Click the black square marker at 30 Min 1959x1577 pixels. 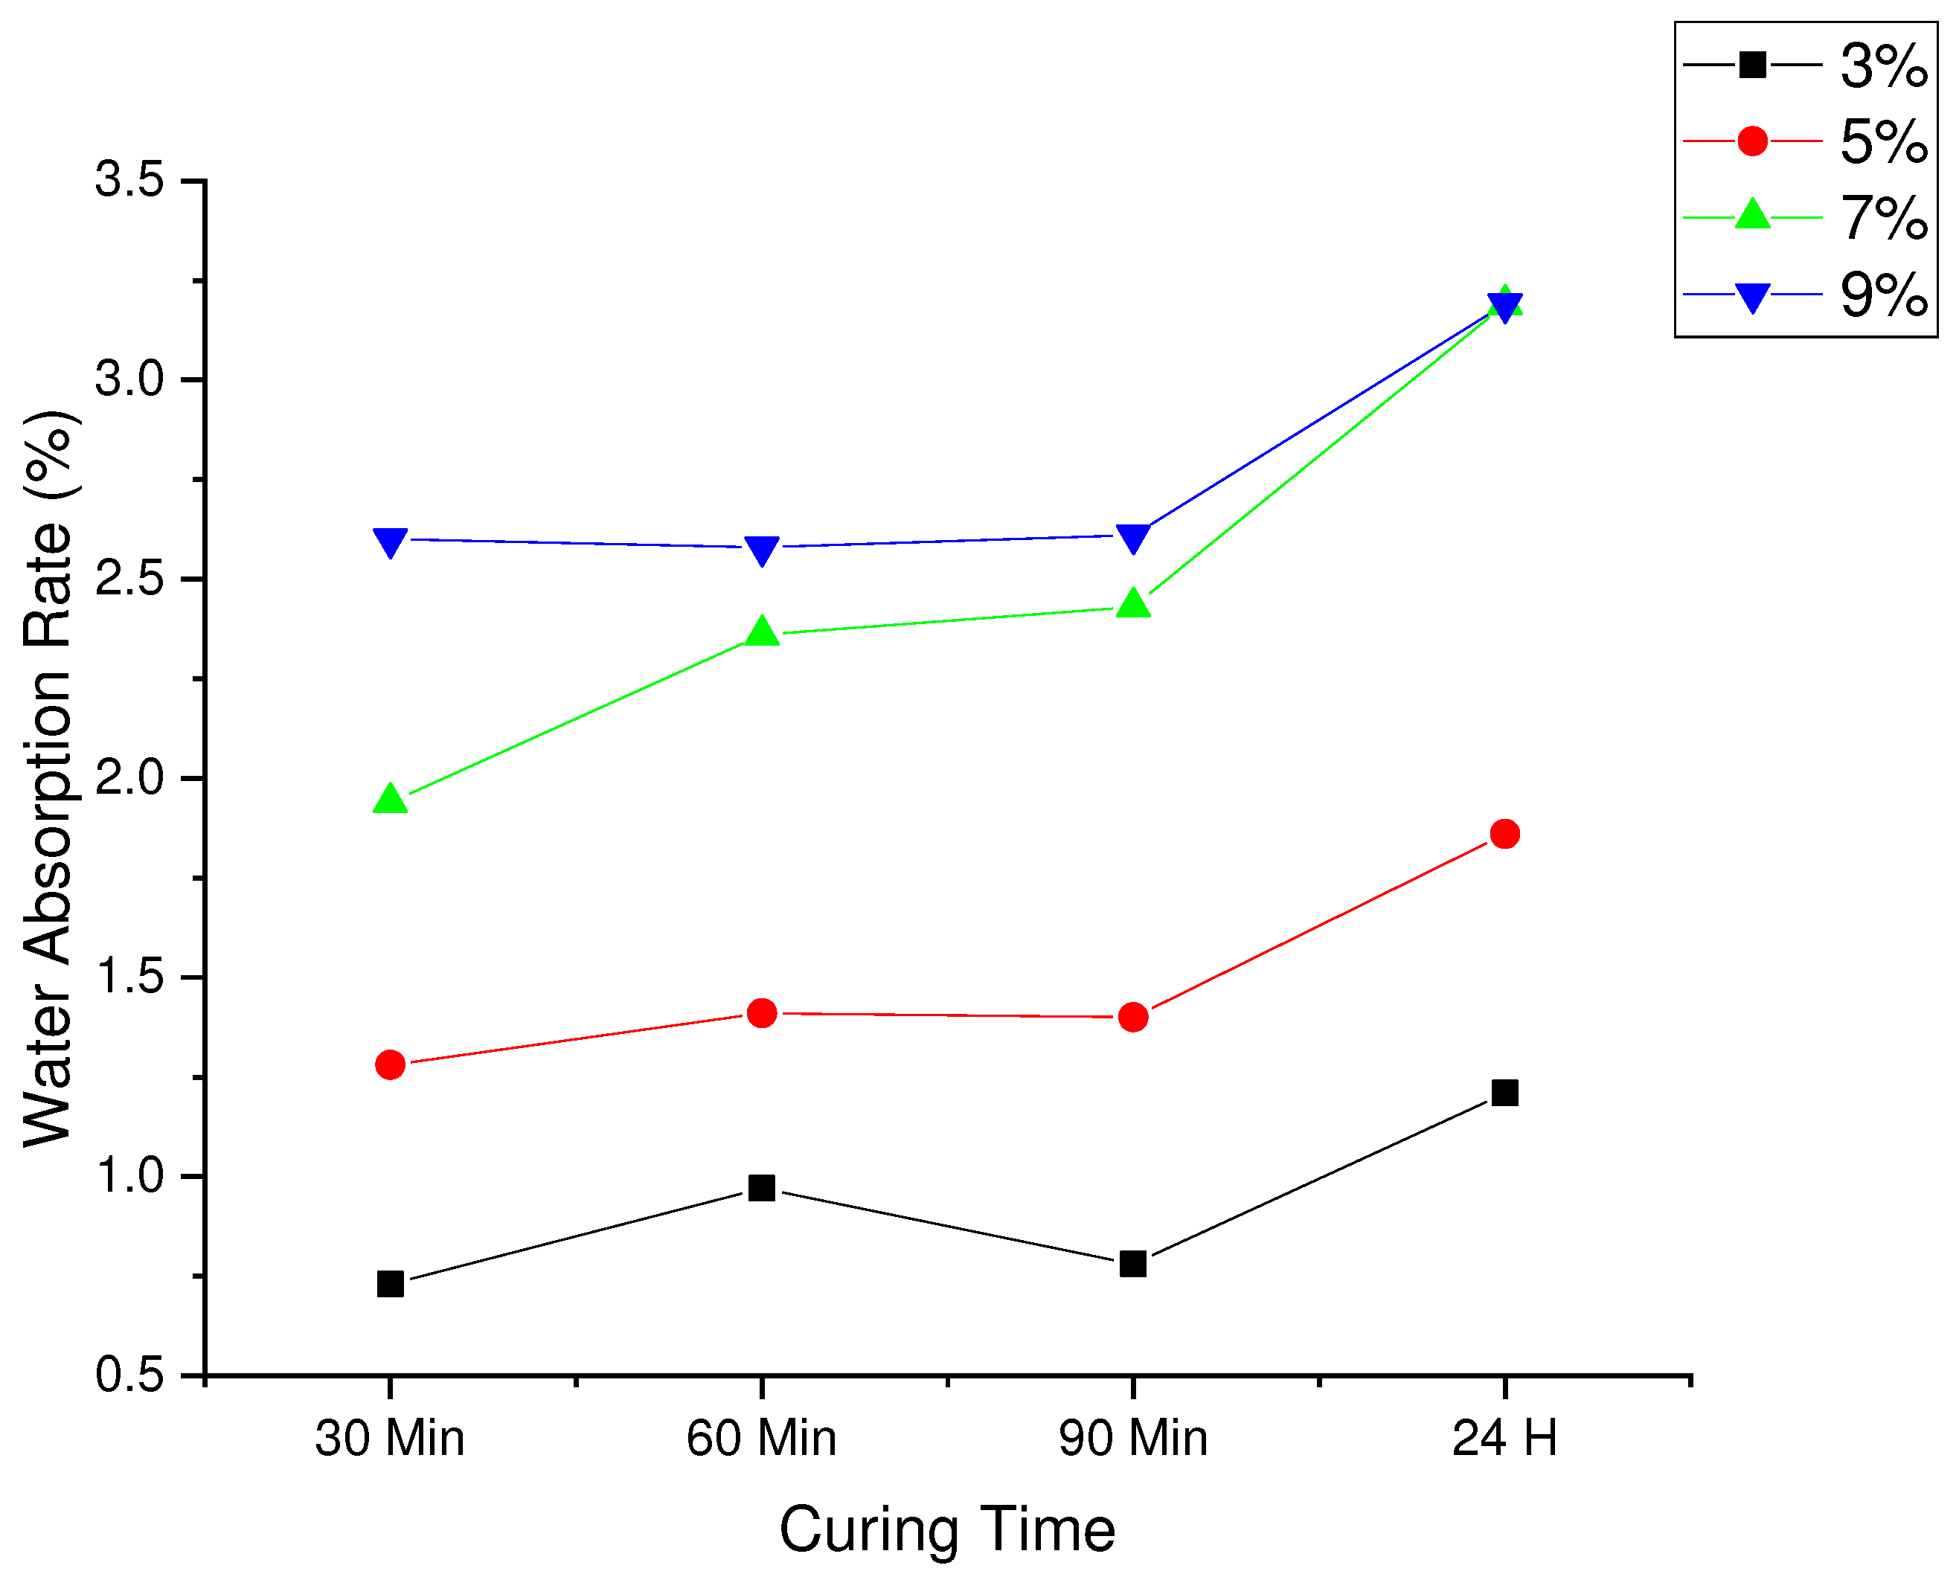point(390,1284)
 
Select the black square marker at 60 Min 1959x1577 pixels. point(761,1187)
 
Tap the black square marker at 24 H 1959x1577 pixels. point(1504,1092)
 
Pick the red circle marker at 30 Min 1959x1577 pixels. point(390,1064)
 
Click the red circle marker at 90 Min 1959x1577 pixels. point(1133,1017)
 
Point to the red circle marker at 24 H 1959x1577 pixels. point(1504,833)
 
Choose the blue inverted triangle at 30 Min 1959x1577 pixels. point(390,542)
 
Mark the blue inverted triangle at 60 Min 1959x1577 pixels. point(761,550)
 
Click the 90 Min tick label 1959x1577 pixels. point(1133,1438)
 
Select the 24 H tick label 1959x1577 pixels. point(1504,1438)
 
